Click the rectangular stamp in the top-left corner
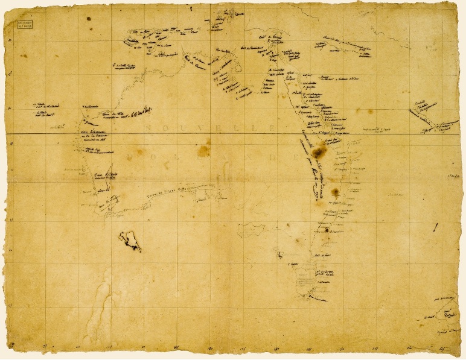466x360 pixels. click(x=26, y=24)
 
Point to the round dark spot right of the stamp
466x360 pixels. click(x=89, y=19)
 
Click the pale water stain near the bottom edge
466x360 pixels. click(x=97, y=314)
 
